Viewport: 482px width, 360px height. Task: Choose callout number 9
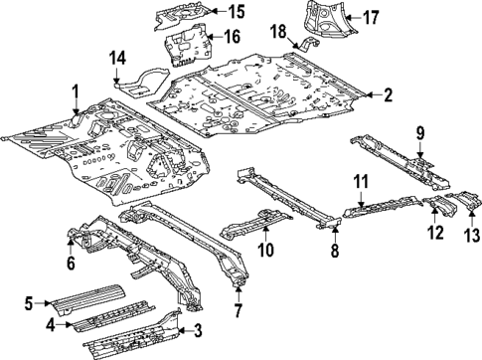click(420, 132)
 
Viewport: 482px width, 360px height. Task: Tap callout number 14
click(117, 59)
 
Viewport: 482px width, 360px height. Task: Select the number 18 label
click(279, 31)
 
